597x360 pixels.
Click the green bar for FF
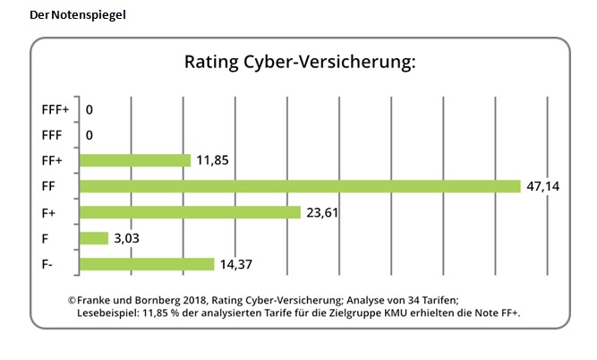coord(300,186)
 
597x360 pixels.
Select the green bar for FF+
coord(135,160)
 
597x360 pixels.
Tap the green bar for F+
coord(190,212)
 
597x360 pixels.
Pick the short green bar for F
coord(94,238)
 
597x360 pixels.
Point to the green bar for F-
coord(147,264)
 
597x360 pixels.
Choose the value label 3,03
coord(125,238)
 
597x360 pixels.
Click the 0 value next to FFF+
coord(90,109)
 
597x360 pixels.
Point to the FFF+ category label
coord(55,109)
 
